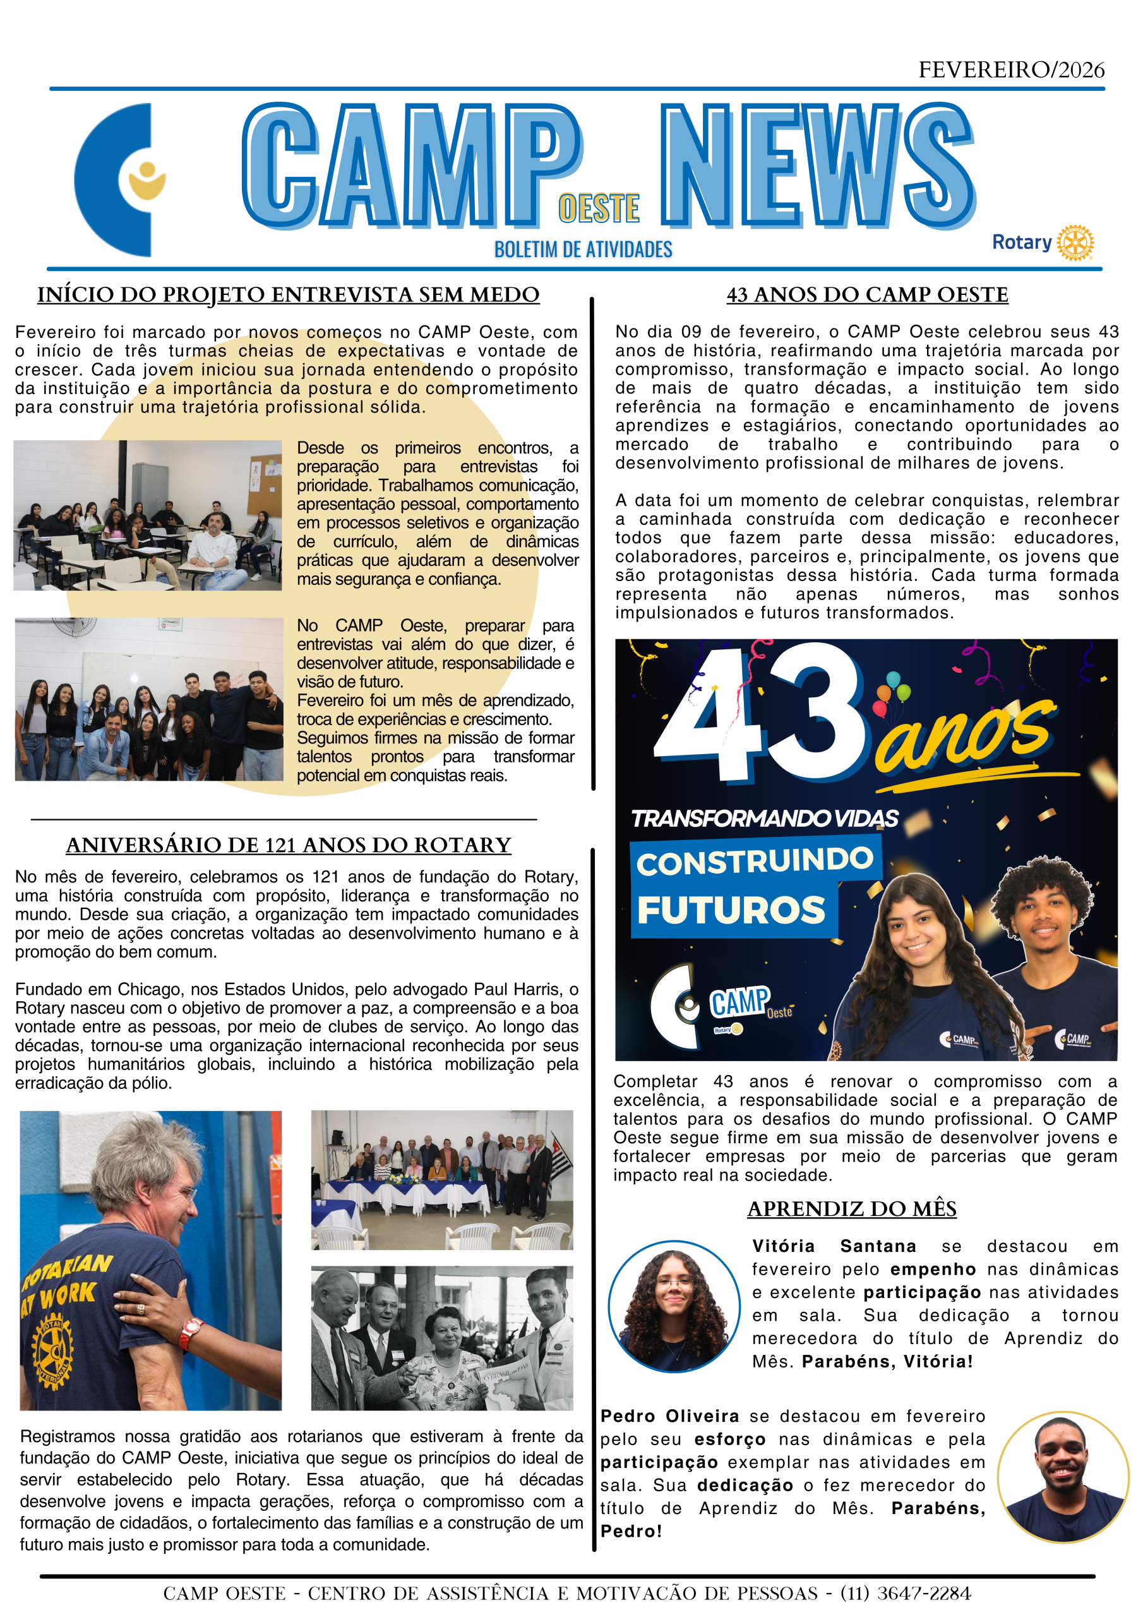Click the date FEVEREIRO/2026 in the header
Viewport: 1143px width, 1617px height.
tap(1010, 69)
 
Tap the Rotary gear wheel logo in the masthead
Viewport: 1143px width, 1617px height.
tap(1075, 243)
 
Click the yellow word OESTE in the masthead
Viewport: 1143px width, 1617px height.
tap(599, 208)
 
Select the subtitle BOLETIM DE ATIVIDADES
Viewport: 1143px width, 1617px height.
tap(583, 249)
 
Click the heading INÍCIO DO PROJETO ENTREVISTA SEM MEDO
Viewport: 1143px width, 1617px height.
tap(288, 294)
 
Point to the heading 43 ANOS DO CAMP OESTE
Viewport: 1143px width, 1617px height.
tap(867, 294)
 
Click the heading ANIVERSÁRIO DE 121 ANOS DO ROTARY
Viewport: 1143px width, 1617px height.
tap(288, 845)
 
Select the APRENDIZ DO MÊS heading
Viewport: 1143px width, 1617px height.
tap(851, 1209)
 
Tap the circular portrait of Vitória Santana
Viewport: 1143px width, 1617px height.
tap(674, 1306)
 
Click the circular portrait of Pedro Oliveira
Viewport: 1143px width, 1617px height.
tap(1062, 1477)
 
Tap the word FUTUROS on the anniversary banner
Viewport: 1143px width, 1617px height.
tap(731, 910)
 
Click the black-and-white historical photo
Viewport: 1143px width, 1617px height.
tap(441, 1339)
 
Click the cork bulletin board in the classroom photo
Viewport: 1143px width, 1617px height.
tap(263, 485)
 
